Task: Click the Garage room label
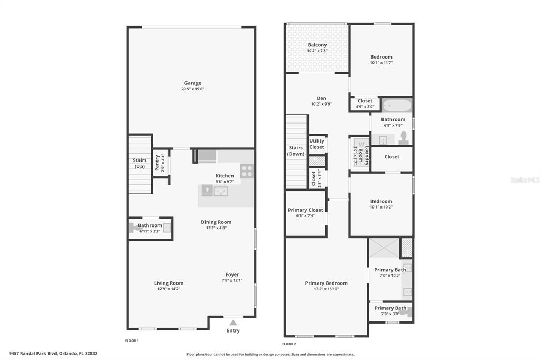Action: [192, 83]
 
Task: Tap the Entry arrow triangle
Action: [233, 323]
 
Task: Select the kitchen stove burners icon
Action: [247, 171]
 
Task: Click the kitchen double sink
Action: [221, 191]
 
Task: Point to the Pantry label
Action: [157, 163]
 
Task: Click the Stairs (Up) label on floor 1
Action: [139, 164]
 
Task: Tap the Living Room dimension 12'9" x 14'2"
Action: [169, 289]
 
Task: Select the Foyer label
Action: [232, 275]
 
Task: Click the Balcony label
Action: [317, 45]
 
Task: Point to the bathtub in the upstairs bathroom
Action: [397, 105]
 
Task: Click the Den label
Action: [321, 98]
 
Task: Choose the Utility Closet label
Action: [317, 144]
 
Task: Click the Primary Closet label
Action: [306, 210]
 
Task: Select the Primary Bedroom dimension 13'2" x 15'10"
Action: [327, 289]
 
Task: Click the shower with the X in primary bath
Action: [385, 248]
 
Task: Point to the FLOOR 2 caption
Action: [289, 344]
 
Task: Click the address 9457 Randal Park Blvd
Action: [33, 353]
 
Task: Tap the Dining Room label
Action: [216, 222]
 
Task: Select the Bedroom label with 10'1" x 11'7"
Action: [381, 57]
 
